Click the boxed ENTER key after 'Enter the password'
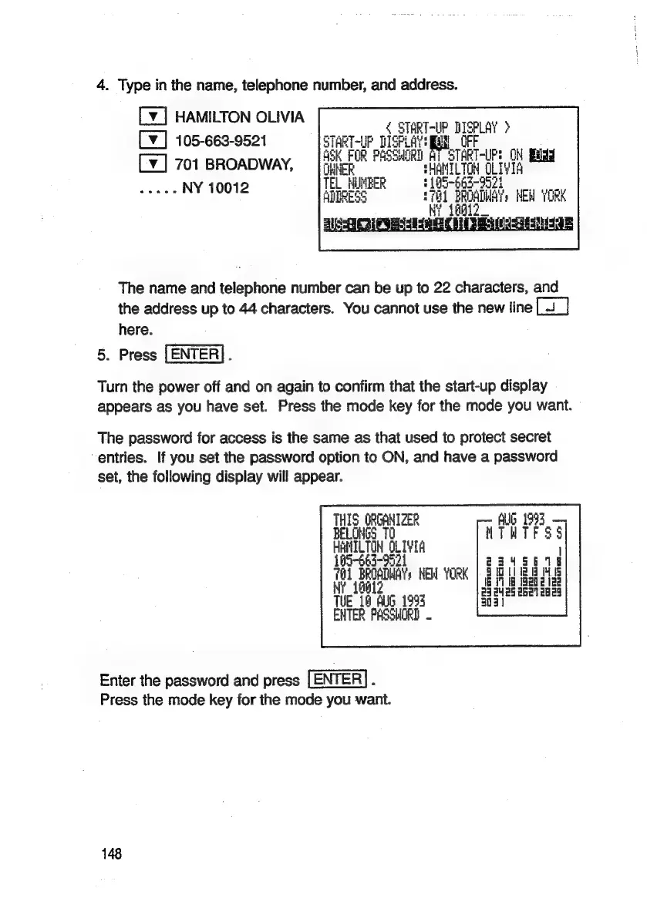(332, 681)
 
